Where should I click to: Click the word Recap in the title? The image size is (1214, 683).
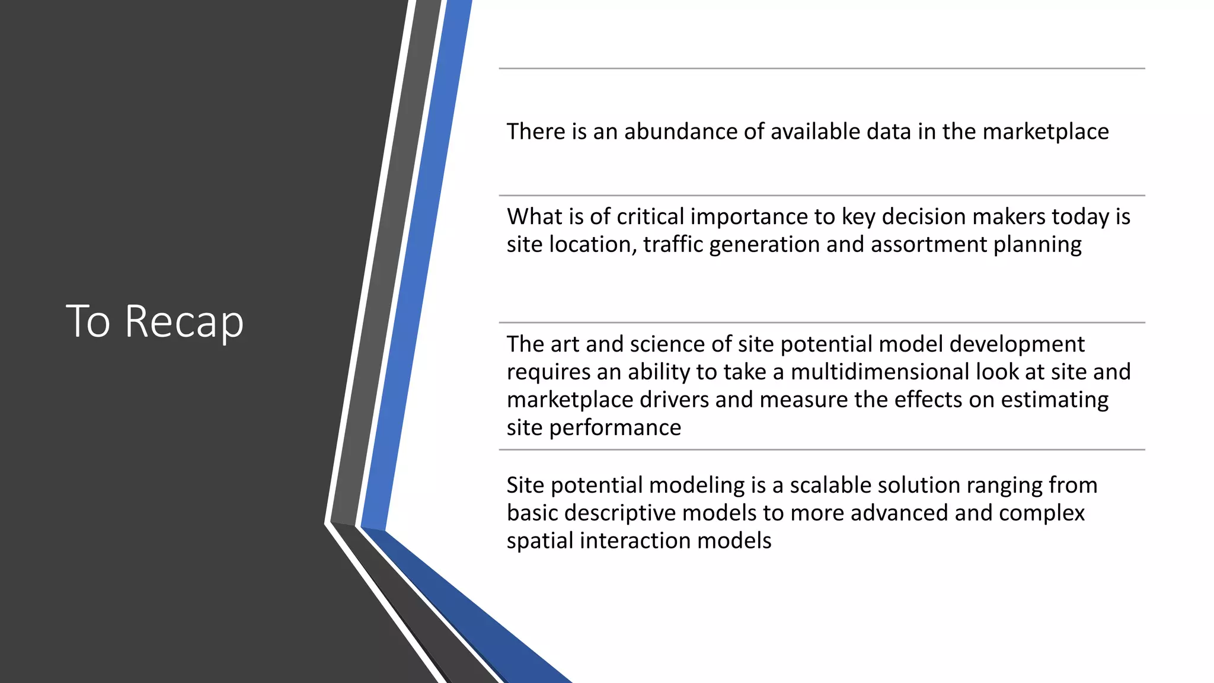click(x=184, y=321)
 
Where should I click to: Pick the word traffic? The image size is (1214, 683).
click(x=673, y=245)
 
